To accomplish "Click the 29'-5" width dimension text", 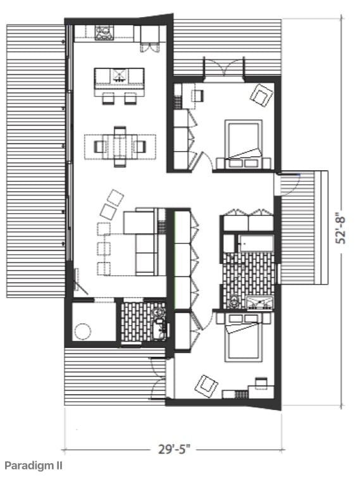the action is click(175, 449).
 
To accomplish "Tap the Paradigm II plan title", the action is click(34, 466).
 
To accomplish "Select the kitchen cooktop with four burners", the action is click(104, 33).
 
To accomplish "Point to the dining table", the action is click(120, 147).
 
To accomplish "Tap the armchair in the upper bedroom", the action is click(261, 96).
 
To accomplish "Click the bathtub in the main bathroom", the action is click(256, 243).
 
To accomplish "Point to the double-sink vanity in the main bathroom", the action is click(259, 302).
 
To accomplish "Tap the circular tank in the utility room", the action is click(83, 331).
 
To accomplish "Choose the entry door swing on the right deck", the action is click(288, 183).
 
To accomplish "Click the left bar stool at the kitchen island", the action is click(108, 99).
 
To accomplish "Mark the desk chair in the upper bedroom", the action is click(198, 96).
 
